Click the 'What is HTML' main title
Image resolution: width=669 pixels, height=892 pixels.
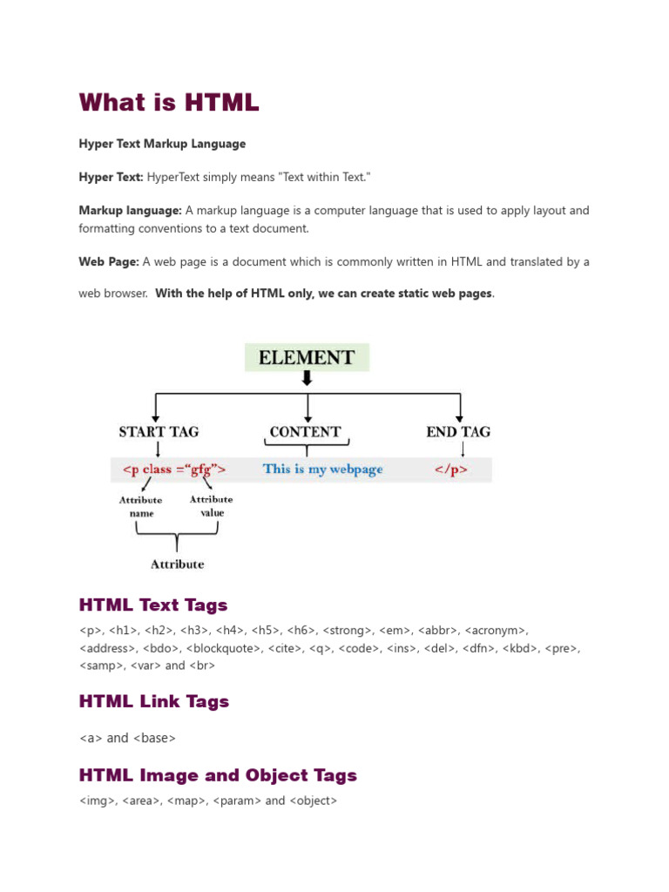coord(169,102)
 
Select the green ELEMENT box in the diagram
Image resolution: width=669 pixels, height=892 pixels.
coord(307,357)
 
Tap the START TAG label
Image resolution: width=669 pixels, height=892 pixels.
coord(159,431)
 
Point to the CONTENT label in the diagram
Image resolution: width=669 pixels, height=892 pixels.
coord(305,431)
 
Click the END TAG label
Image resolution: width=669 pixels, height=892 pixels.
coord(458,431)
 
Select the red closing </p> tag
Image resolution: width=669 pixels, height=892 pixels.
coord(451,470)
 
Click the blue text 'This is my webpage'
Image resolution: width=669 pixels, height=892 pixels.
coord(322,470)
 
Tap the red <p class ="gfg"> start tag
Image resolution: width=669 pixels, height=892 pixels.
coord(174,470)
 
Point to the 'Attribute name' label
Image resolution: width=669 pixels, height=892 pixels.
coord(140,507)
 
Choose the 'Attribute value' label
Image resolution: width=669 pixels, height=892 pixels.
coord(211,506)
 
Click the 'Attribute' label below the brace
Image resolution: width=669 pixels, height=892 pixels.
coord(177,564)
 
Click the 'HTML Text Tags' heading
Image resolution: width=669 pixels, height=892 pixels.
coord(153,605)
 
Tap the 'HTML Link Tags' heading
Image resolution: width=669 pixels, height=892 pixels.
coord(154,701)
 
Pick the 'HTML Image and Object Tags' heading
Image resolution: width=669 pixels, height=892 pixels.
coord(218,775)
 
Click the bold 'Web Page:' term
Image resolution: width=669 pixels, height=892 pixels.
coord(109,261)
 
